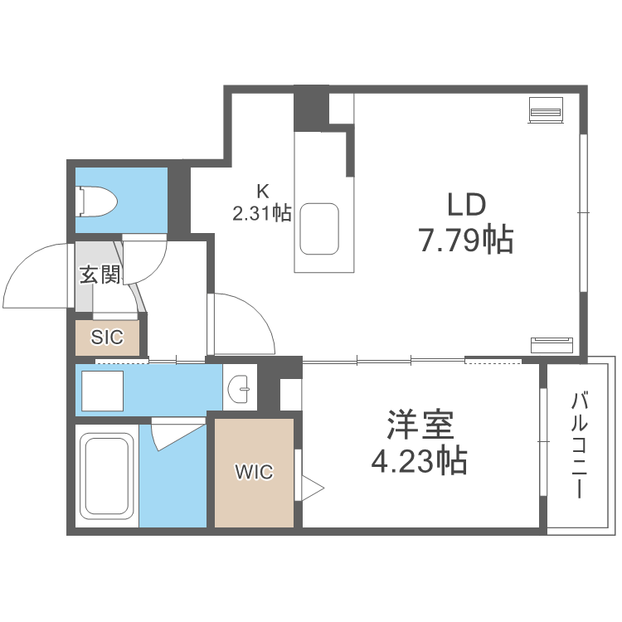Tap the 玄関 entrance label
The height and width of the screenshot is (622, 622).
pyautogui.click(x=100, y=275)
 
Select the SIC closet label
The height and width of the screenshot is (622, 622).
pyautogui.click(x=107, y=338)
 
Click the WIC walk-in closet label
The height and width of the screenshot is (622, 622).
pyautogui.click(x=253, y=473)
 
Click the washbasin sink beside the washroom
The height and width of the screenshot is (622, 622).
pyautogui.click(x=241, y=387)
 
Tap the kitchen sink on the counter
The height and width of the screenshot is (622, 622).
pyautogui.click(x=320, y=230)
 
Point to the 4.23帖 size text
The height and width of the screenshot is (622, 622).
pyautogui.click(x=419, y=459)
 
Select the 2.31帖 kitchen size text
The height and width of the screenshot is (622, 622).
pyautogui.click(x=261, y=214)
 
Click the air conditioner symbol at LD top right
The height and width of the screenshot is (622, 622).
pyautogui.click(x=547, y=109)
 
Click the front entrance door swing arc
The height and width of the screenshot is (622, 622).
pyautogui.click(x=37, y=274)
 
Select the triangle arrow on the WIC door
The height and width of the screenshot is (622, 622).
pyautogui.click(x=313, y=487)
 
